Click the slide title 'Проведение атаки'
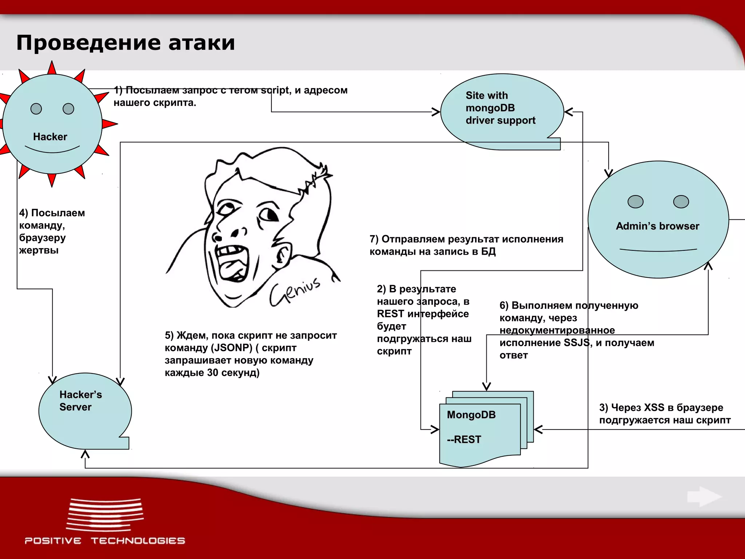click(126, 43)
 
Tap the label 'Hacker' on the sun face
click(50, 137)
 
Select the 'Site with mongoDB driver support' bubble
click(501, 108)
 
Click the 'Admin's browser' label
click(657, 226)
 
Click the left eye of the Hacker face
click(36, 109)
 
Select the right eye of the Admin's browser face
click(681, 202)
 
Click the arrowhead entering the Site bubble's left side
click(436, 112)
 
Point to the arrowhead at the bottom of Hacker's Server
click(85, 454)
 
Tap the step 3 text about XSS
click(665, 414)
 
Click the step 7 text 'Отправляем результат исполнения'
click(466, 239)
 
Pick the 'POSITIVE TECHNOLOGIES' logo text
click(105, 541)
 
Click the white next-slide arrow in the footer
click(704, 497)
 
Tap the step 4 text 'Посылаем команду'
click(52, 219)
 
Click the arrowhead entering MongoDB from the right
click(538, 429)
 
